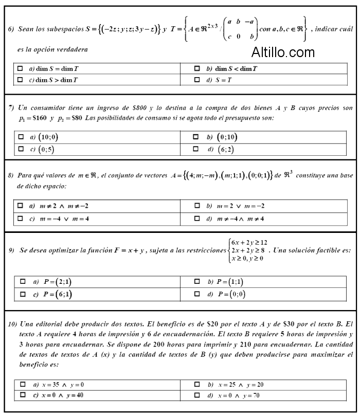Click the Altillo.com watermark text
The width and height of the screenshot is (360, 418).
click(283, 52)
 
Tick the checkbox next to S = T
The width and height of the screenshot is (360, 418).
click(197, 80)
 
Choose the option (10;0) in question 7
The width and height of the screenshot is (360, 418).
click(21, 138)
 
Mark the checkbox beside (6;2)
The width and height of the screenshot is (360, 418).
click(196, 149)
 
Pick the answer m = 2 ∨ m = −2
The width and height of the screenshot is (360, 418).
click(197, 206)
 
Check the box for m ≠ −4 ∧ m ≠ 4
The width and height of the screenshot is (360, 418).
click(197, 219)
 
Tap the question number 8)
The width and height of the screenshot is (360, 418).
click(11, 175)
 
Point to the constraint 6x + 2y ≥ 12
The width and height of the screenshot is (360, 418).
click(249, 242)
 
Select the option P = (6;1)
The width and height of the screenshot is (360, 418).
click(22, 294)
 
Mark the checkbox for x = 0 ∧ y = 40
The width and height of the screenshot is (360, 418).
click(22, 395)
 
